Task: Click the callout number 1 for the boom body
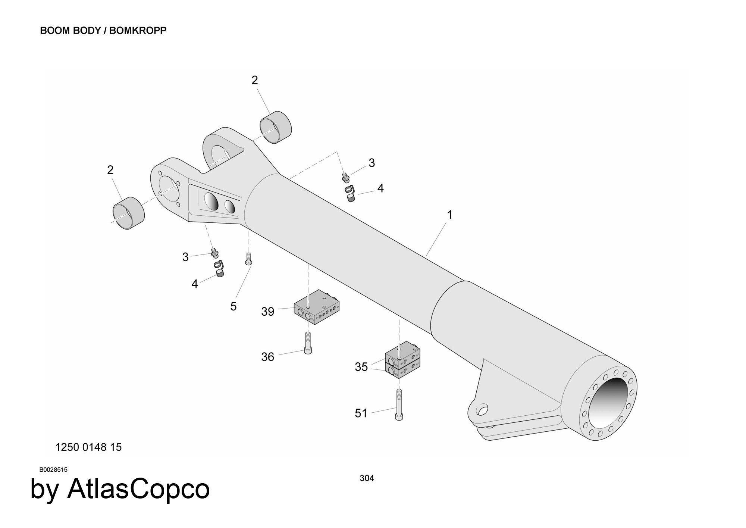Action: point(449,215)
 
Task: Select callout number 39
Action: point(267,312)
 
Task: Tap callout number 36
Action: point(267,357)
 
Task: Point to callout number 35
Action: point(361,367)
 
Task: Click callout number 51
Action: point(361,413)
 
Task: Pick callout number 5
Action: point(233,307)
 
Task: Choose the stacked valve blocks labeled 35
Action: point(402,364)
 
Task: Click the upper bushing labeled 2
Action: point(276,126)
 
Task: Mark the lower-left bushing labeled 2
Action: point(129,213)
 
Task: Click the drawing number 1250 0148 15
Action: point(88,447)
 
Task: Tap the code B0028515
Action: point(53,470)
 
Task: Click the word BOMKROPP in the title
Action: point(138,31)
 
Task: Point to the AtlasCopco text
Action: point(138,489)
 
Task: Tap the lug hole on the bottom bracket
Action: point(482,410)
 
